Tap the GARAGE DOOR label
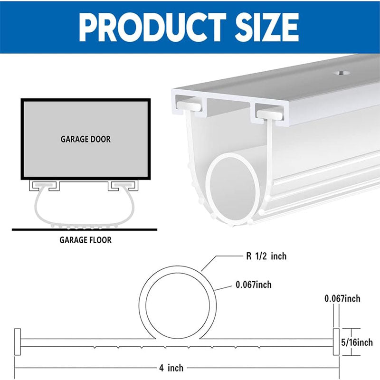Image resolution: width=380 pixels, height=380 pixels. pyautogui.click(x=85, y=140)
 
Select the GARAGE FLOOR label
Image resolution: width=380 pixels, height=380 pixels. pyautogui.click(x=85, y=240)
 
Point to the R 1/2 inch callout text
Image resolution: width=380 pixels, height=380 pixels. pyautogui.click(x=266, y=256)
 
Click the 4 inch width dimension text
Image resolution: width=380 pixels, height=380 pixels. pyautogui.click(x=171, y=367)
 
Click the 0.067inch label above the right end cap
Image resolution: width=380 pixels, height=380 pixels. pyautogui.click(x=342, y=299)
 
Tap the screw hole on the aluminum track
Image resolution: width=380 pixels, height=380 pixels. pyautogui.click(x=340, y=74)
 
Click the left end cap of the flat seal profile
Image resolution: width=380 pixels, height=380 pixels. pyautogui.click(x=18, y=342)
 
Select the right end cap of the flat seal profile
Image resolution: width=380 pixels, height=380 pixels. pyautogui.click(x=336, y=342)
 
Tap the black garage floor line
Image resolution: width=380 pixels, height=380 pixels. pyautogui.click(x=85, y=229)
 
